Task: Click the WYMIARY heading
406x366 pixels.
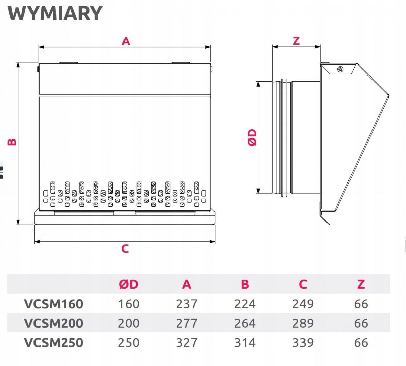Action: [55, 13]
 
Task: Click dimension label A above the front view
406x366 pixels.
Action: [126, 41]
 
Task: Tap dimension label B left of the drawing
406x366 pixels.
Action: [12, 142]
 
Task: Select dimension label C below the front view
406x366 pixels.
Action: [125, 249]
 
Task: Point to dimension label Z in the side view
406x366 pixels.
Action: [296, 41]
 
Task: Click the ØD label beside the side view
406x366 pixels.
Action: [252, 137]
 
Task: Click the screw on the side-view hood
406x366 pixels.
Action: [340, 69]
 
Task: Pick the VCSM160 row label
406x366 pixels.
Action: [53, 304]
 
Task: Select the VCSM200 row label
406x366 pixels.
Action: [53, 323]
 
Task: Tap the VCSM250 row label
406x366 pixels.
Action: [53, 343]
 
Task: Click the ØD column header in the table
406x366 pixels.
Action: [129, 284]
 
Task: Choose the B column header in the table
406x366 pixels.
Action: [245, 284]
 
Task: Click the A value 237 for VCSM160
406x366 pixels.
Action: [187, 304]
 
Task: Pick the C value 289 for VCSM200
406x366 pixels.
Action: [303, 323]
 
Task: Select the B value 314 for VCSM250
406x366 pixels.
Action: [245, 343]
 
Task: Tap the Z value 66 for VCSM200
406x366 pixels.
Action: [361, 323]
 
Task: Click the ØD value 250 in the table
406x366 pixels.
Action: [129, 343]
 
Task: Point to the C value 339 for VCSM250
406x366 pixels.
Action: [303, 343]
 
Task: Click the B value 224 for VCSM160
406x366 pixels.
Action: [245, 304]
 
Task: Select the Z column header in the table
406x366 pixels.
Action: [361, 284]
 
